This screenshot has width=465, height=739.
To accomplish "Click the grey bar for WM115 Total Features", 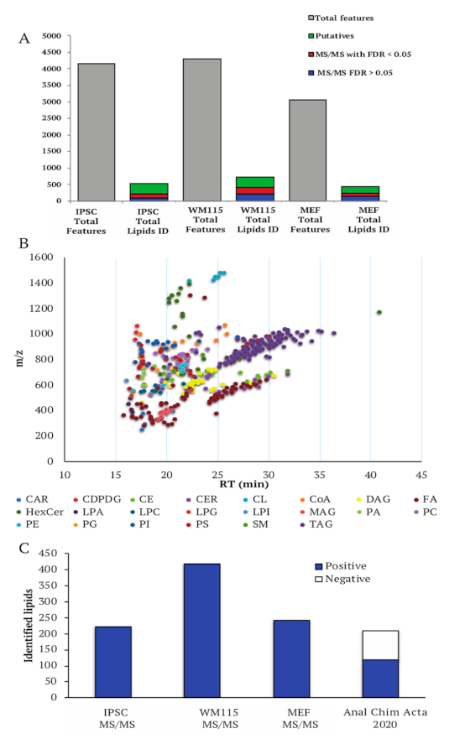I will [x=202, y=129].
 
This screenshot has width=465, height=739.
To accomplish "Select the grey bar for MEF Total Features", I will [x=308, y=150].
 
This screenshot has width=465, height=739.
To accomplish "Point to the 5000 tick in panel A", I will [x=51, y=37].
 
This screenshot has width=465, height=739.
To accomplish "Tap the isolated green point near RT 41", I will [x=379, y=313].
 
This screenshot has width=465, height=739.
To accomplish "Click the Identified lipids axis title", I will [x=30, y=624].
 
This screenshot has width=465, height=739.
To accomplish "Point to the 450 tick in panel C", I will [x=52, y=553].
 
